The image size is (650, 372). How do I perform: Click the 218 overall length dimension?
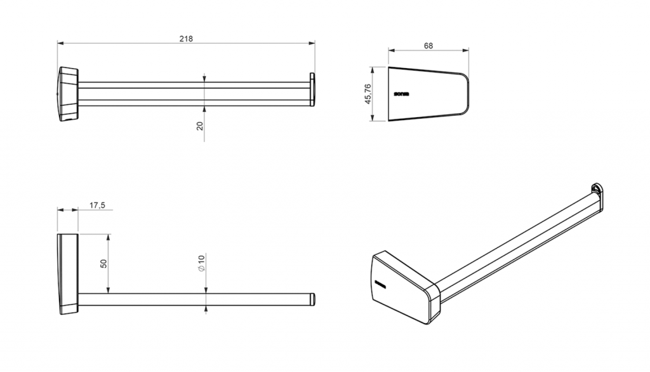click(x=185, y=39)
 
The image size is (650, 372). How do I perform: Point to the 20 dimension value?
click(x=200, y=126)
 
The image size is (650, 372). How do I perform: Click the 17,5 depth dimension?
click(x=97, y=205)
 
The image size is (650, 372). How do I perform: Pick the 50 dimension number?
click(x=103, y=263)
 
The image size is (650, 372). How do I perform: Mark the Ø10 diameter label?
click(x=201, y=263)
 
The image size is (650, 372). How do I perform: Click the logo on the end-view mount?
click(x=402, y=94)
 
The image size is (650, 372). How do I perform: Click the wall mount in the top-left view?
click(x=67, y=93)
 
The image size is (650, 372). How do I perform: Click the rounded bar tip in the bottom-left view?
click(x=312, y=300)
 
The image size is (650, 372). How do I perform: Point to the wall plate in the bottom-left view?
click(x=67, y=273)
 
